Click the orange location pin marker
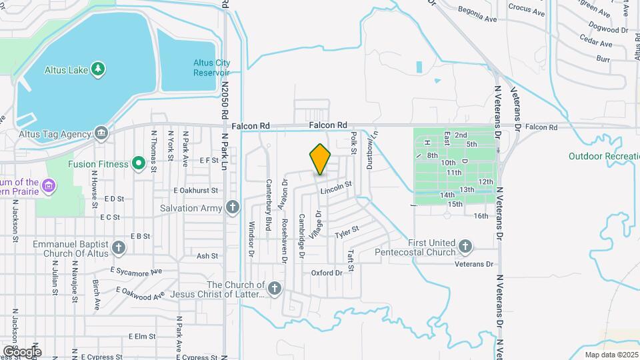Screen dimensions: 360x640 [320, 159]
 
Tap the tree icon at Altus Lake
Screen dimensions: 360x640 [99, 69]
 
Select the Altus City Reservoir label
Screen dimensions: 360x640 [211, 68]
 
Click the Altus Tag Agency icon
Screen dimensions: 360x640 [101, 133]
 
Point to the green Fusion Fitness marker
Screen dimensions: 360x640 [139, 163]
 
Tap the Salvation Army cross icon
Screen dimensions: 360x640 [233, 208]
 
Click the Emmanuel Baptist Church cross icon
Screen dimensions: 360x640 [119, 249]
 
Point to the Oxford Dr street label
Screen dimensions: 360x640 [327, 273]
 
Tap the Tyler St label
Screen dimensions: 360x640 [347, 233]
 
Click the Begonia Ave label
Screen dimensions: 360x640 [477, 14]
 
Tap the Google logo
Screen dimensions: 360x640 [21, 351]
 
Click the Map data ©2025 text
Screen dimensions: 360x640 [611, 355]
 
